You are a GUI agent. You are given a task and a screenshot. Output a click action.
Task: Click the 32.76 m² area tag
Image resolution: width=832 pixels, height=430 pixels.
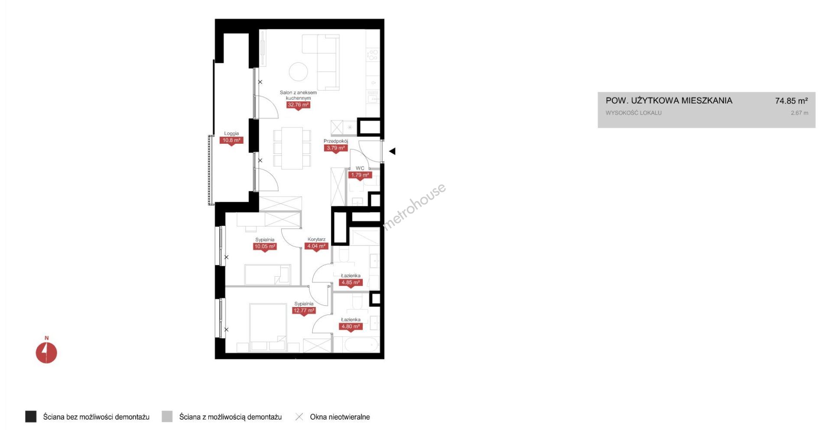[298, 105]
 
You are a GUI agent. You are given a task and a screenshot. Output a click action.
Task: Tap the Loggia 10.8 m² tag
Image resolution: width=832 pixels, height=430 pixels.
[231, 140]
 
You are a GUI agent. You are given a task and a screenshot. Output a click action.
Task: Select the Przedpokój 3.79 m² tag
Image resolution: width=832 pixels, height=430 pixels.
[336, 148]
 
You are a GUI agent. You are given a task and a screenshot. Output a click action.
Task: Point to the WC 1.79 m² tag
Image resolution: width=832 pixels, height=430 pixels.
[360, 175]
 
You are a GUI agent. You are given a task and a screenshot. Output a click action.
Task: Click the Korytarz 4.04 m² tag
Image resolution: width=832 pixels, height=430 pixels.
[316, 246]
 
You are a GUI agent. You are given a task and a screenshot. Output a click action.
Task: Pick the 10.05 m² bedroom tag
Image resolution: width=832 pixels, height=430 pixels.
[265, 247]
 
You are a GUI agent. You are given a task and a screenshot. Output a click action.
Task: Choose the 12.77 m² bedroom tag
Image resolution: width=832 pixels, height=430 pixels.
[304, 310]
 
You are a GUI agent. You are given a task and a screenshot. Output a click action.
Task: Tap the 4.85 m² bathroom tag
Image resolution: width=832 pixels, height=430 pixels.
[351, 283]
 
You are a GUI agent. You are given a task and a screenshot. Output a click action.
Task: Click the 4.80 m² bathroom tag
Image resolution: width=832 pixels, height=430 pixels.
[351, 327]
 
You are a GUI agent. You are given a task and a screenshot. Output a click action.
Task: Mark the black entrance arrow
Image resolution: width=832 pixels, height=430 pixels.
[392, 152]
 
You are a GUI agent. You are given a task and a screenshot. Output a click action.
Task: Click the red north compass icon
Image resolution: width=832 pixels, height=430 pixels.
[46, 352]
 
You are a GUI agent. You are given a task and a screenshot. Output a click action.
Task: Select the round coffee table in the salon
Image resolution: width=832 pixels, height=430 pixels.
[299, 71]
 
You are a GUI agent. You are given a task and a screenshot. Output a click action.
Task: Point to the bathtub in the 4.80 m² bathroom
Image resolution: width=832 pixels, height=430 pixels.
[361, 345]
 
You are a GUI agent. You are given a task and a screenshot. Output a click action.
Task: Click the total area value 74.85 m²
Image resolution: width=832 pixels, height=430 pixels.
[791, 101]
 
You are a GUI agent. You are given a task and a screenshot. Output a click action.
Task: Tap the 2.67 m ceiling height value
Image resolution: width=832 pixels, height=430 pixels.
[799, 113]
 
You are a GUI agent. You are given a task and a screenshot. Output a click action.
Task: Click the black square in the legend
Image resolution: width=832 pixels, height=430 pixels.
[31, 417]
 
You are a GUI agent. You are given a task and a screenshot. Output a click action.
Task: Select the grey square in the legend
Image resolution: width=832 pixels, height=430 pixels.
[167, 417]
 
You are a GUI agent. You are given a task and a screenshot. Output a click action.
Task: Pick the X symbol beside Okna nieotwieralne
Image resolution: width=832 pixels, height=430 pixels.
[299, 417]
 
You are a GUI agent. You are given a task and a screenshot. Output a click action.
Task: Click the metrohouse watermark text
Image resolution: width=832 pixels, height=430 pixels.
[414, 206]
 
